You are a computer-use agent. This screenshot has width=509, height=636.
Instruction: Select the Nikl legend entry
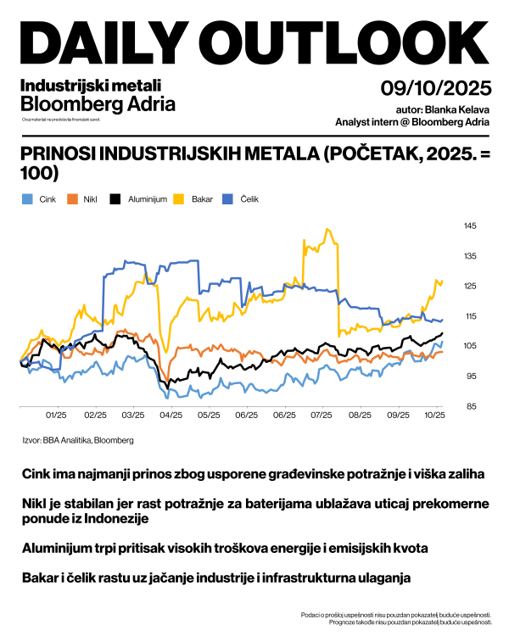(x=84, y=199)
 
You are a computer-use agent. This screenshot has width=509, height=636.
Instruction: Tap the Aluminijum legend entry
(x=141, y=199)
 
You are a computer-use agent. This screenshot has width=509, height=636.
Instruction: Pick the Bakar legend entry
(x=194, y=199)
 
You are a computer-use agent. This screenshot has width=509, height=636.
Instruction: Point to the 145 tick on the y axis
(x=470, y=226)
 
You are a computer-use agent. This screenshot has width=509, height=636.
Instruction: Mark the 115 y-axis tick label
(x=470, y=316)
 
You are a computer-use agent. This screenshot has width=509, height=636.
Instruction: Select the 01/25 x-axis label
(x=56, y=416)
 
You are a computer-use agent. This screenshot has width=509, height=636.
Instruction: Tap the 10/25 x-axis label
(x=435, y=416)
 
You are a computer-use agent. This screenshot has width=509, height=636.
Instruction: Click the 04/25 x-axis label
(x=171, y=416)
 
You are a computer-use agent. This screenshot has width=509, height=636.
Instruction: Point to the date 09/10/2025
(x=435, y=87)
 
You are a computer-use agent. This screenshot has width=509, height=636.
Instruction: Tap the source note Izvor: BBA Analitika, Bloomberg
(x=77, y=440)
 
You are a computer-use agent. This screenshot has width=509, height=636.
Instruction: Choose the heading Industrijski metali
(x=90, y=85)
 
